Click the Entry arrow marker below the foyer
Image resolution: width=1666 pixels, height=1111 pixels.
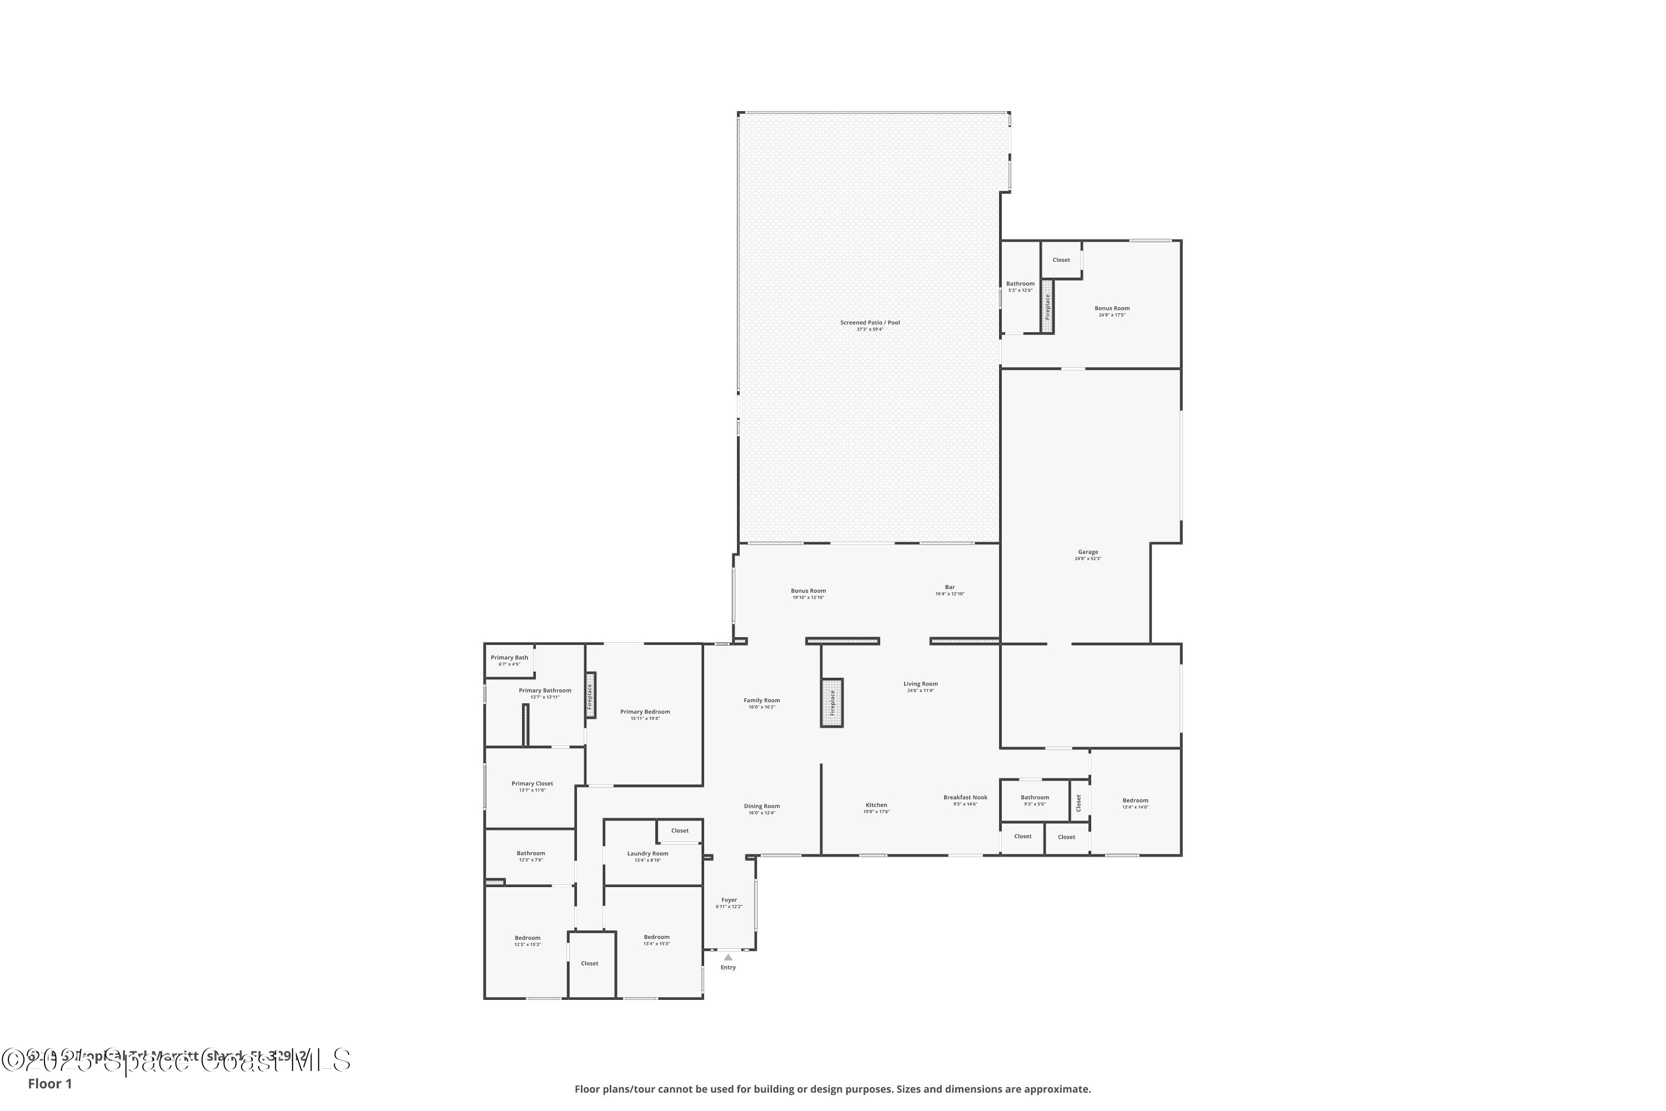(728, 957)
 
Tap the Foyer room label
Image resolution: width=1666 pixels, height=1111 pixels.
(729, 900)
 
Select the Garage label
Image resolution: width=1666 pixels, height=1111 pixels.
(1088, 552)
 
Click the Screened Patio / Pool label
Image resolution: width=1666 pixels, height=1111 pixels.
(870, 322)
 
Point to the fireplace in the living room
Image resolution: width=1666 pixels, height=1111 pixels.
(832, 702)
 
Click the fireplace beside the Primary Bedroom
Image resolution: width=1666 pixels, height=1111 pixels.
(590, 695)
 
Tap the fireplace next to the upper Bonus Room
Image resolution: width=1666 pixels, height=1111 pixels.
(1047, 306)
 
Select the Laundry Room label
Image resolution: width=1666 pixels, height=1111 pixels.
(648, 854)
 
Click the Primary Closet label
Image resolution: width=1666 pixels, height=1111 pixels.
(532, 784)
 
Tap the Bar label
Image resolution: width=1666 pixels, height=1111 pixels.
(950, 587)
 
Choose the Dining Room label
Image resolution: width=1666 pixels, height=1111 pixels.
(761, 807)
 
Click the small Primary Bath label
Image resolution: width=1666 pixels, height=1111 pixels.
(509, 658)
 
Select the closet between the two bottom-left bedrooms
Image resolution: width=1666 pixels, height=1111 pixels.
(590, 964)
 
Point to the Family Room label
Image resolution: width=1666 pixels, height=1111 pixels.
(761, 700)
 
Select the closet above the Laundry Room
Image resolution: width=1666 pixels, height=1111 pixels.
(679, 830)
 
